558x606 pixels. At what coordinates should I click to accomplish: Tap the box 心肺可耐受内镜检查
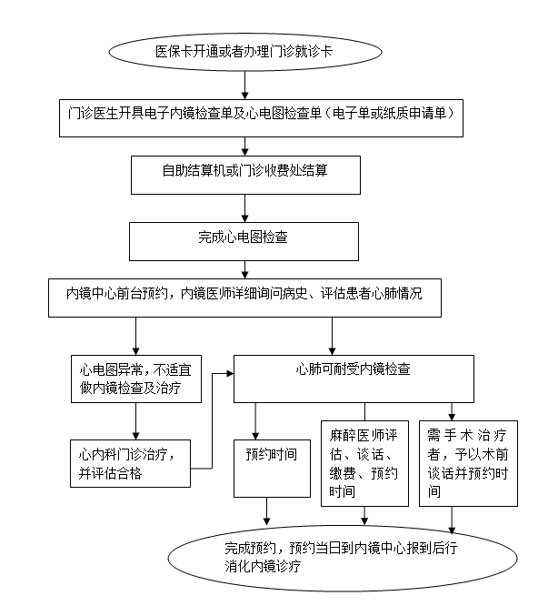(x=354, y=371)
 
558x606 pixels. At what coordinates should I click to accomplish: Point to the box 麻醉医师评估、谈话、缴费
(x=364, y=462)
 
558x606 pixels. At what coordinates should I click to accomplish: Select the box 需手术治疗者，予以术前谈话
(x=467, y=462)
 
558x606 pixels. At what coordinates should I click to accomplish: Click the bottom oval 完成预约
(x=318, y=557)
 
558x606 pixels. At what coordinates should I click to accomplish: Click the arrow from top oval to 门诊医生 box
(x=244, y=85)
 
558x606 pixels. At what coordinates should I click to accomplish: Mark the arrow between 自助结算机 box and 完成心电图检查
(x=244, y=207)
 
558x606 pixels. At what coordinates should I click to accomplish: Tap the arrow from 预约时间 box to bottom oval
(x=266, y=511)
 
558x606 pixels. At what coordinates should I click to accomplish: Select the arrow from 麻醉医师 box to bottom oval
(x=364, y=515)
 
